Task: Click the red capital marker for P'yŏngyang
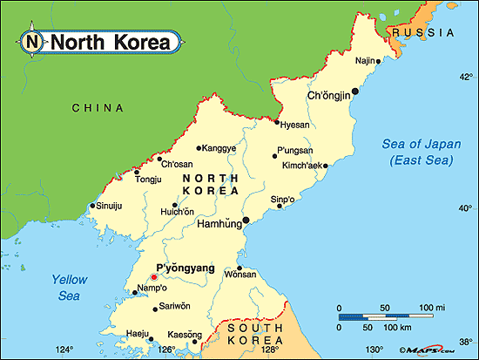(x=155, y=278)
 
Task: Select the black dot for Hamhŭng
(x=246, y=220)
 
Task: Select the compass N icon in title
(x=32, y=41)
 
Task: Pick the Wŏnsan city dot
(x=240, y=268)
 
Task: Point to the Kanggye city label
(x=219, y=148)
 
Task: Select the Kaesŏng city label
(x=184, y=334)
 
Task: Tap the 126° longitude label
(x=166, y=350)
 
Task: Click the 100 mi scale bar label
(x=432, y=308)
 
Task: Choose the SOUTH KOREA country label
(x=255, y=334)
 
